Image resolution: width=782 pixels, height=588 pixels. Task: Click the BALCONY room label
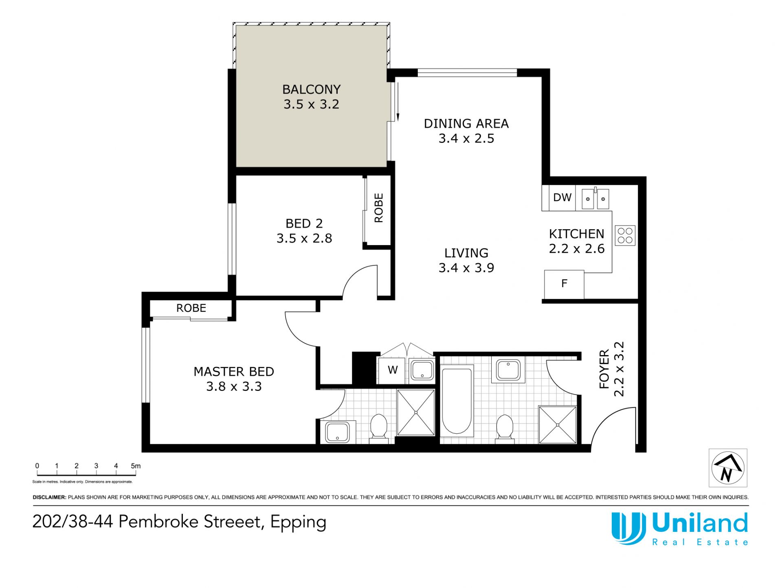(x=311, y=89)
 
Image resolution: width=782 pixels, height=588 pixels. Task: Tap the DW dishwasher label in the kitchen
(x=562, y=197)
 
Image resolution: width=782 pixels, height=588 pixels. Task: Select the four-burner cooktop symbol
(x=625, y=236)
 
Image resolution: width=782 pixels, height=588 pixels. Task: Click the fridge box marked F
(x=564, y=284)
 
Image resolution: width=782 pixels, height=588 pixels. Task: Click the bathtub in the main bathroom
(x=457, y=401)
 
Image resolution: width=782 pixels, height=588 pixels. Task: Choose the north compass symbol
(x=728, y=468)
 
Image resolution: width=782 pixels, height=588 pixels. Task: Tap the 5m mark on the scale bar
(x=136, y=466)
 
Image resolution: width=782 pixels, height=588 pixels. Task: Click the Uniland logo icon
(x=628, y=528)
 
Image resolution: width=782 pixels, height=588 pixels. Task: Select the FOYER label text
(x=604, y=369)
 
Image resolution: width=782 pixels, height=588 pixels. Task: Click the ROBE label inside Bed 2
(x=379, y=208)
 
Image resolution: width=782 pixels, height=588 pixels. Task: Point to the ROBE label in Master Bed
(x=191, y=308)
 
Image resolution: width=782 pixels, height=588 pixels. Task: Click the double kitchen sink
(x=595, y=198)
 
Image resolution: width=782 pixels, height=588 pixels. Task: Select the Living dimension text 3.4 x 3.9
(x=466, y=268)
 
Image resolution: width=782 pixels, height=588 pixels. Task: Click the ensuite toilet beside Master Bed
(x=378, y=428)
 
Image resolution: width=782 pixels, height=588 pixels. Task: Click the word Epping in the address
(x=298, y=523)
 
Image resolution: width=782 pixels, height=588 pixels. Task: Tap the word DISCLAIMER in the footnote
(x=49, y=497)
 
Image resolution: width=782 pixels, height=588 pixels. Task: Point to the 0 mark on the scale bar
(x=37, y=466)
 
